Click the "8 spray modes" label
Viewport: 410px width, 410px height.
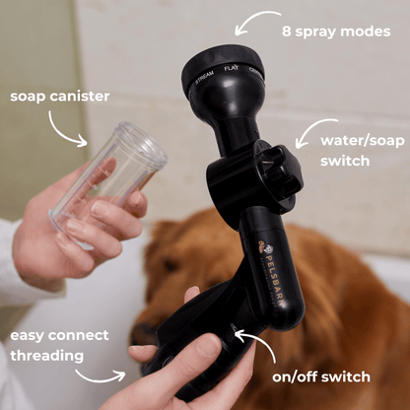click(x=336, y=32)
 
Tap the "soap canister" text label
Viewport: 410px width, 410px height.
click(x=60, y=97)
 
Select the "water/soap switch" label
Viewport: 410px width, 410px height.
click(x=363, y=151)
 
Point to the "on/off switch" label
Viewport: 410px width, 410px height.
click(x=321, y=376)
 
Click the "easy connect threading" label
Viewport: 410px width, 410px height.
click(x=59, y=346)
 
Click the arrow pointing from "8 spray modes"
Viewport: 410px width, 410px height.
click(x=255, y=21)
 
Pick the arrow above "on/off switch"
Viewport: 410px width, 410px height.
click(x=259, y=342)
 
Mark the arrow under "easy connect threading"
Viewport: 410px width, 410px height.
click(x=101, y=377)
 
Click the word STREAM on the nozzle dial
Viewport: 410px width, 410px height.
click(x=204, y=77)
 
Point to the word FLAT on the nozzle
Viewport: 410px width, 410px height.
click(x=232, y=68)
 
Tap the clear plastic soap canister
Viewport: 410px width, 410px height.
click(x=108, y=180)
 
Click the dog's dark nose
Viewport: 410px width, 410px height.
click(x=142, y=333)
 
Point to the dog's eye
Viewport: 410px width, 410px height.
click(x=171, y=265)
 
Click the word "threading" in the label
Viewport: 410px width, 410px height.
click(x=47, y=356)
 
